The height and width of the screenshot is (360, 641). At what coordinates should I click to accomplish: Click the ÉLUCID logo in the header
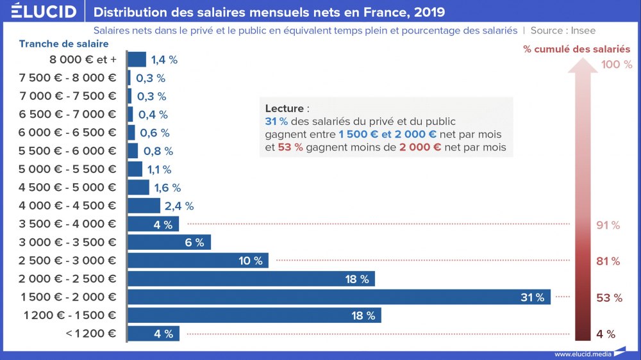44,12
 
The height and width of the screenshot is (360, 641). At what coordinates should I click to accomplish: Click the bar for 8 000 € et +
137,60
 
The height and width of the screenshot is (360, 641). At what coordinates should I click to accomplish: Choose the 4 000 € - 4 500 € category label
68,206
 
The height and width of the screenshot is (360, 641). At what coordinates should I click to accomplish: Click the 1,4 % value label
164,60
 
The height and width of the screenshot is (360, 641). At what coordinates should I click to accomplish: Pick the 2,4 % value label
179,206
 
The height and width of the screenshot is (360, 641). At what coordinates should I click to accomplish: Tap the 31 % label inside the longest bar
532,297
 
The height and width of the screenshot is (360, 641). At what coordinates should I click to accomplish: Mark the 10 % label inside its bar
251,261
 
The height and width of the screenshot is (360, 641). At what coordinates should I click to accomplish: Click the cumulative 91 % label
608,225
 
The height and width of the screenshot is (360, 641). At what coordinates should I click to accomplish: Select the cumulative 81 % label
608,261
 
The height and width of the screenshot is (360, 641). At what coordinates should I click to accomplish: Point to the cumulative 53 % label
609,298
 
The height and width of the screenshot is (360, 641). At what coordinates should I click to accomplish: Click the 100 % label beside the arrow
617,65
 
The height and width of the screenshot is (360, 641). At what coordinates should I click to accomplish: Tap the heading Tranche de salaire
63,44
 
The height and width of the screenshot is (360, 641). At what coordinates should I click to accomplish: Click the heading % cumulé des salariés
576,49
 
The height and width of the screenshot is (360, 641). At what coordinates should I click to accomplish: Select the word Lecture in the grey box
283,109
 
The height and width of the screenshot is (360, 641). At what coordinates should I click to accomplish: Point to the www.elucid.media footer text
582,354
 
